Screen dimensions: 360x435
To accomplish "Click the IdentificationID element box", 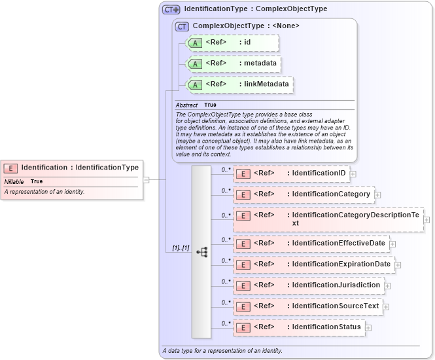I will [291, 173].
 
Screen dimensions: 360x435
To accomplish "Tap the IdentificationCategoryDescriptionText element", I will [328, 219].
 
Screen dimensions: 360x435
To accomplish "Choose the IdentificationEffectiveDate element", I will [311, 243].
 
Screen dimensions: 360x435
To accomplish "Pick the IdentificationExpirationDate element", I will [313, 264].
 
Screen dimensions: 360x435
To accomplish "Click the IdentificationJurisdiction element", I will [308, 285].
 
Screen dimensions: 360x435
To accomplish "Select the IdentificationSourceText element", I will [307, 306].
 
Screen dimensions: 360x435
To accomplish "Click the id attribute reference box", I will [232, 43].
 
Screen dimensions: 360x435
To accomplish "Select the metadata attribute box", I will [234, 63].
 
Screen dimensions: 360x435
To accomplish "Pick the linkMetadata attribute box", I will [239, 84].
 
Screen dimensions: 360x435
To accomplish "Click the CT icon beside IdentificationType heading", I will [171, 10].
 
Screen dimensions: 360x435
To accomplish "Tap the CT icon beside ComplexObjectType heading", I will [183, 26].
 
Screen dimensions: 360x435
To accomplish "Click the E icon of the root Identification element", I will [11, 168].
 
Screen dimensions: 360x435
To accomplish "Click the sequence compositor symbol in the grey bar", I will [201, 251].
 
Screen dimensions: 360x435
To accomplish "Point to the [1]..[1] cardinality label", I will [181, 248].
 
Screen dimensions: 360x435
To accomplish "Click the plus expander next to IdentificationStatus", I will [368, 328].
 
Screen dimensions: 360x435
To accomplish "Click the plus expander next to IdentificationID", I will [353, 174].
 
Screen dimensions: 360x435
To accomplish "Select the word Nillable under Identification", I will [14, 181].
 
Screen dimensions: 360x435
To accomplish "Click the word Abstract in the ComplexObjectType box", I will [186, 105].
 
